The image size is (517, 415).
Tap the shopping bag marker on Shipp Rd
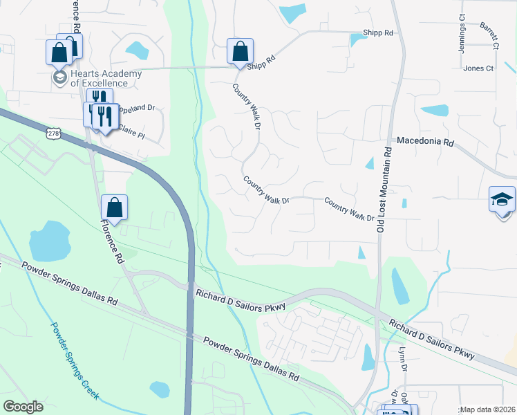(x=240, y=51)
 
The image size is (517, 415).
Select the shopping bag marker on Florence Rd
(x=114, y=207)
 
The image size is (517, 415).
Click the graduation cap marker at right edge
(x=502, y=200)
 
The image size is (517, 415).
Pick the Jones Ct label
(x=478, y=68)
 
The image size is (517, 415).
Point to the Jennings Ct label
(x=462, y=26)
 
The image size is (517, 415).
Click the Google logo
(x=23, y=407)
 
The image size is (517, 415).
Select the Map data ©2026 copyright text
(x=487, y=409)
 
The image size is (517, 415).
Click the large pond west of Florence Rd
(x=50, y=241)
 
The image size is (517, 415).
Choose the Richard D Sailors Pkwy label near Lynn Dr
(x=431, y=339)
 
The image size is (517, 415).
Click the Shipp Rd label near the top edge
(x=378, y=33)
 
